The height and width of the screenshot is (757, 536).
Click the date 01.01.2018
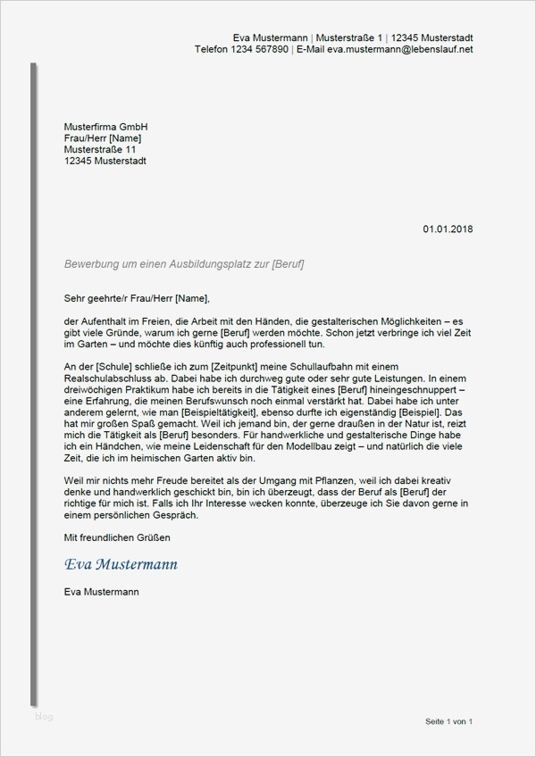[448, 229]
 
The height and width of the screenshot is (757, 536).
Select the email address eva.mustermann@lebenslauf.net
[400, 49]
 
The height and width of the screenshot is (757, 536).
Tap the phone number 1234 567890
[261, 49]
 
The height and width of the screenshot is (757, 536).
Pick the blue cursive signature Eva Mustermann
[121, 564]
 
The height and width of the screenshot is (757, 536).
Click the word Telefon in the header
[213, 49]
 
